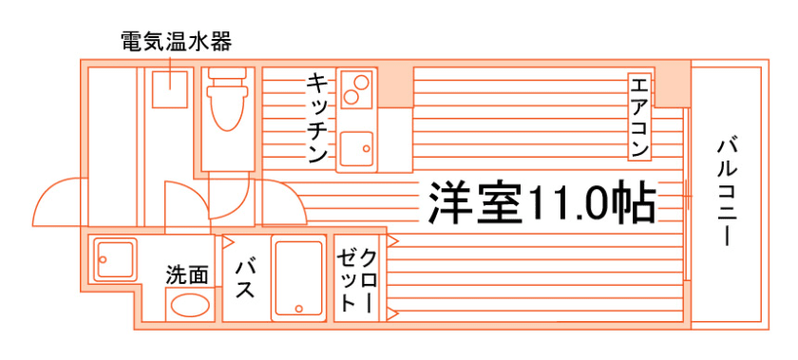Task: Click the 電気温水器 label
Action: (x=176, y=42)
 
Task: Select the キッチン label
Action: (x=318, y=118)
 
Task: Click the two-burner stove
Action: (x=356, y=89)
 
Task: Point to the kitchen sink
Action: (x=356, y=148)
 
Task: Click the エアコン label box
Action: (x=639, y=118)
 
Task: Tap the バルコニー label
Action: (x=728, y=192)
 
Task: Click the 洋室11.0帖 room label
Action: (x=541, y=201)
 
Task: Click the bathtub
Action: (x=298, y=278)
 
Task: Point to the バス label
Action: (x=245, y=278)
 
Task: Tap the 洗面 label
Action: (x=187, y=275)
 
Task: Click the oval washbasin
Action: (x=190, y=306)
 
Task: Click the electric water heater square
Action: (x=170, y=89)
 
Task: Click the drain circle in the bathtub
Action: (x=299, y=308)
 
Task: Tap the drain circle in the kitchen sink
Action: (x=367, y=149)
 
